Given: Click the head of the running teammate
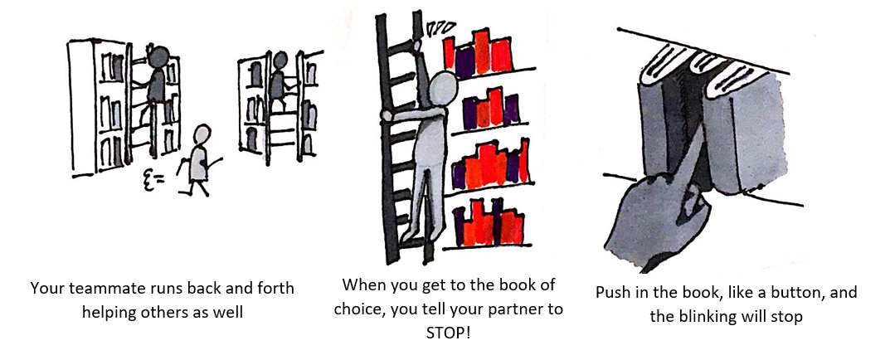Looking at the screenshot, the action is pyautogui.click(x=202, y=136).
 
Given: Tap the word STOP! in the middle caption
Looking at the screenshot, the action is pyautogui.click(x=448, y=333).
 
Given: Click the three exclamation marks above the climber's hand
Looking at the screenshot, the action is pyautogui.click(x=440, y=27).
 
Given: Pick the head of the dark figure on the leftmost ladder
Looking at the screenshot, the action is pyautogui.click(x=158, y=56).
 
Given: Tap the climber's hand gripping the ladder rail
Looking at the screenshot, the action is pyautogui.click(x=387, y=115).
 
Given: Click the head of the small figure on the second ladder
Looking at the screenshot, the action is pyautogui.click(x=280, y=61).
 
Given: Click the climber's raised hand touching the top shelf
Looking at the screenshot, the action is pyautogui.click(x=418, y=46).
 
